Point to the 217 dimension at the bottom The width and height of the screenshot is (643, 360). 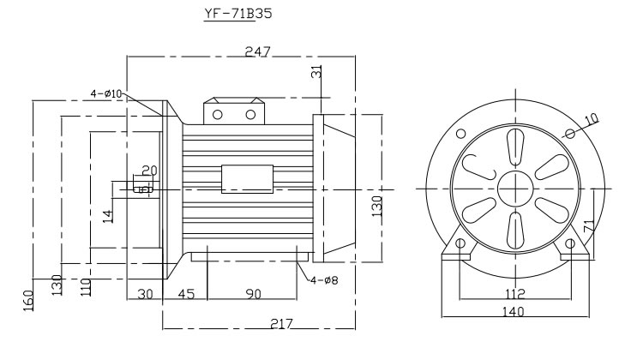[280, 324]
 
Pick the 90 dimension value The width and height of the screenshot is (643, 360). [253, 294]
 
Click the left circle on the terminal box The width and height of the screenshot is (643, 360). [218, 114]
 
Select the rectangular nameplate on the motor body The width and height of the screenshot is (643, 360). [247, 177]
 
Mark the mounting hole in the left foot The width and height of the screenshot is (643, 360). [460, 243]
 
